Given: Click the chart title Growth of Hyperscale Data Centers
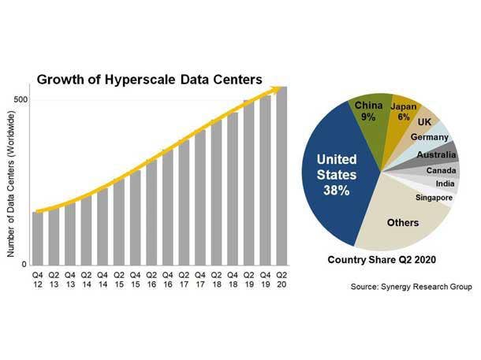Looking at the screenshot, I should point(149,79).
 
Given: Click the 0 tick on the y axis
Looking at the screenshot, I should point(26,265).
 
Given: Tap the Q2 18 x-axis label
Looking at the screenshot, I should point(216,279).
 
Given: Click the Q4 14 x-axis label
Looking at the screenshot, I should point(103,279).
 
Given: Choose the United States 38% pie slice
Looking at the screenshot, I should point(336,177).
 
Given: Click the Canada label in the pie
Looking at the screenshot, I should point(440,170).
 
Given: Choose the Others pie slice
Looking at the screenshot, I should point(402,222).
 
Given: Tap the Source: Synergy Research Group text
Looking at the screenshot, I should point(411,287).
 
